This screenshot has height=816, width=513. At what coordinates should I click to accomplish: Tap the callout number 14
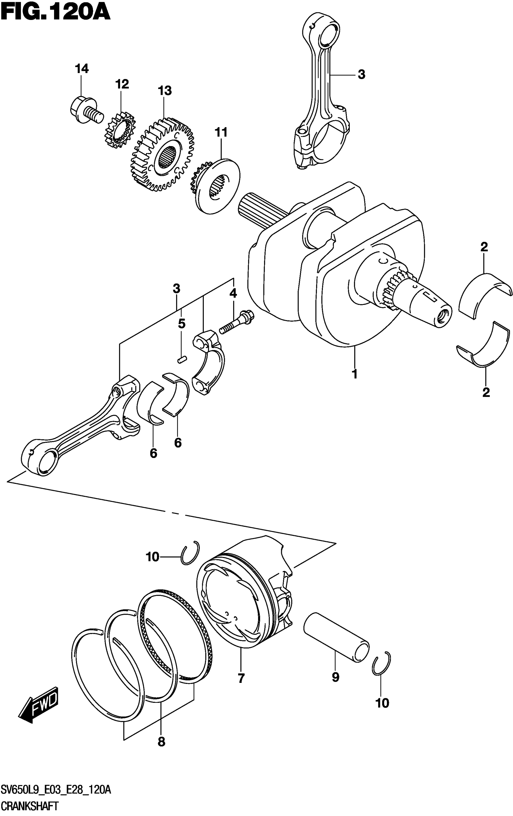(82, 69)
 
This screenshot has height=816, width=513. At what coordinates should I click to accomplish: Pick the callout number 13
(164, 91)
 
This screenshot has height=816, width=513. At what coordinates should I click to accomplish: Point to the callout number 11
(221, 133)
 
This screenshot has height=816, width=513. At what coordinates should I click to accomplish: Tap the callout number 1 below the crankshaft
(355, 374)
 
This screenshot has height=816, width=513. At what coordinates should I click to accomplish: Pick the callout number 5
(182, 324)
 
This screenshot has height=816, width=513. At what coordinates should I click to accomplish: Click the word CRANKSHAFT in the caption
(30, 807)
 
